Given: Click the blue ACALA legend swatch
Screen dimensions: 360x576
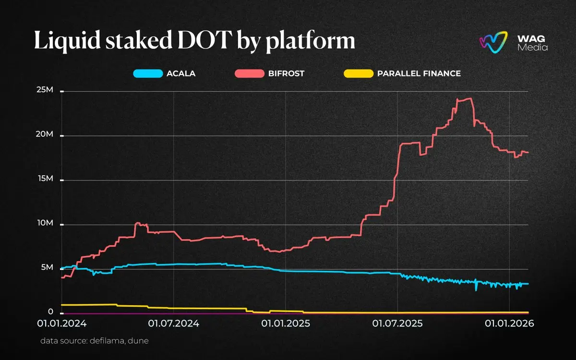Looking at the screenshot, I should click(x=147, y=74).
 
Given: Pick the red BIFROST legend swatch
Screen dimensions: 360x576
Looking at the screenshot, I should click(x=249, y=74).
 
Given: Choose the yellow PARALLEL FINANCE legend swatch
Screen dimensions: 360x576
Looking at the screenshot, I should click(x=359, y=74).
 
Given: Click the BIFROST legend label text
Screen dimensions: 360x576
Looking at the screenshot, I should click(x=287, y=74).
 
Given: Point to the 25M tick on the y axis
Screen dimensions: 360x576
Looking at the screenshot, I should click(x=46, y=91).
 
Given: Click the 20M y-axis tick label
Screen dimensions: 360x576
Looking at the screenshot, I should click(x=46, y=135).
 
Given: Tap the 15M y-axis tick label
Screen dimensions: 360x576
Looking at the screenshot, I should click(x=46, y=179).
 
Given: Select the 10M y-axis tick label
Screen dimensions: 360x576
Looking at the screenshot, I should click(x=46, y=224).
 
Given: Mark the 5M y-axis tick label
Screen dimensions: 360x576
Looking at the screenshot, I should click(x=48, y=268).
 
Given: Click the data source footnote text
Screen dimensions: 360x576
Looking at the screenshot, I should click(x=94, y=341).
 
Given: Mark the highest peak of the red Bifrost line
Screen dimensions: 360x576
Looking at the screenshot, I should click(x=469, y=98).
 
